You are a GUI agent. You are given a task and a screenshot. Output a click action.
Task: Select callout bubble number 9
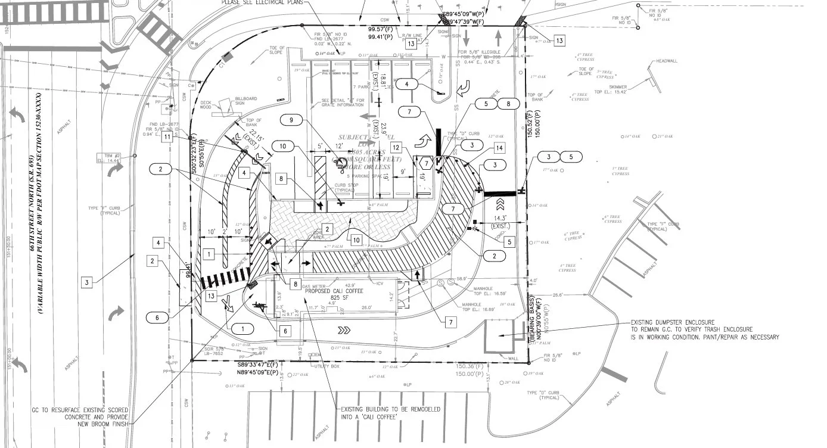[291, 120]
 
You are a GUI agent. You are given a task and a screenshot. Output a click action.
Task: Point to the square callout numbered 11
[168, 137]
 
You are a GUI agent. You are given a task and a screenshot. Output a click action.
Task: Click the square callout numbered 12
[396, 147]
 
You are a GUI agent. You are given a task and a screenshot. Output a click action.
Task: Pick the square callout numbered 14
[499, 147]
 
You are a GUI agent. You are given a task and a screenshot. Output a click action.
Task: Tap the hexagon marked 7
[425, 163]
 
